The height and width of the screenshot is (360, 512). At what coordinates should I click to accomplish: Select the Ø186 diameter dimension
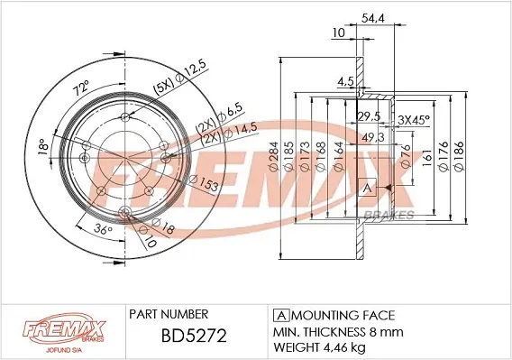[460, 152]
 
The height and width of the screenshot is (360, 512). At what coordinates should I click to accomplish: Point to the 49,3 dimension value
[370, 137]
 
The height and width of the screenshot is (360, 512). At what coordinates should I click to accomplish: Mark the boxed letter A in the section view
[367, 189]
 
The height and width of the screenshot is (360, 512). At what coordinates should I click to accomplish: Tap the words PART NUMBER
[169, 314]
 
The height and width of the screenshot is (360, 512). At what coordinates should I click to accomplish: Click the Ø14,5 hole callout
[225, 133]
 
